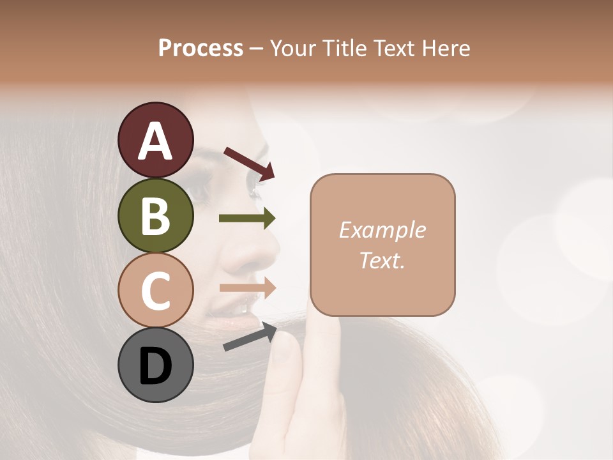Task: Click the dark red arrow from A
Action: tap(249, 162)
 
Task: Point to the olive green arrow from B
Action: tap(247, 218)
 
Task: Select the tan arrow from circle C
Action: tap(247, 287)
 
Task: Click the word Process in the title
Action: tap(201, 48)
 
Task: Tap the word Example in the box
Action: tap(382, 230)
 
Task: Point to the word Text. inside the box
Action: tap(382, 260)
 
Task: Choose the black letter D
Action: tap(155, 367)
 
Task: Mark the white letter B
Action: tap(155, 216)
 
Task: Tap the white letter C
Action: tap(155, 291)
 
